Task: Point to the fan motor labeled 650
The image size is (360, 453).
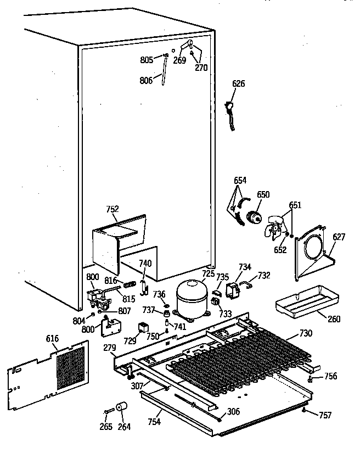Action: pos(254,217)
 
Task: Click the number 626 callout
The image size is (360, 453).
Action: pos(239,84)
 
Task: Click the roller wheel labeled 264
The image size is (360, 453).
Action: pos(121,409)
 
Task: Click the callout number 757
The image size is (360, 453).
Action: pos(325,415)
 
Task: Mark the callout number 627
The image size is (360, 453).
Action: pos(339,237)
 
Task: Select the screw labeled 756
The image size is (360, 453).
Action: pos(311,378)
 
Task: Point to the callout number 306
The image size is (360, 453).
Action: pos(233,411)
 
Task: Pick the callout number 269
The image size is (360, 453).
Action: pos(179,60)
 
